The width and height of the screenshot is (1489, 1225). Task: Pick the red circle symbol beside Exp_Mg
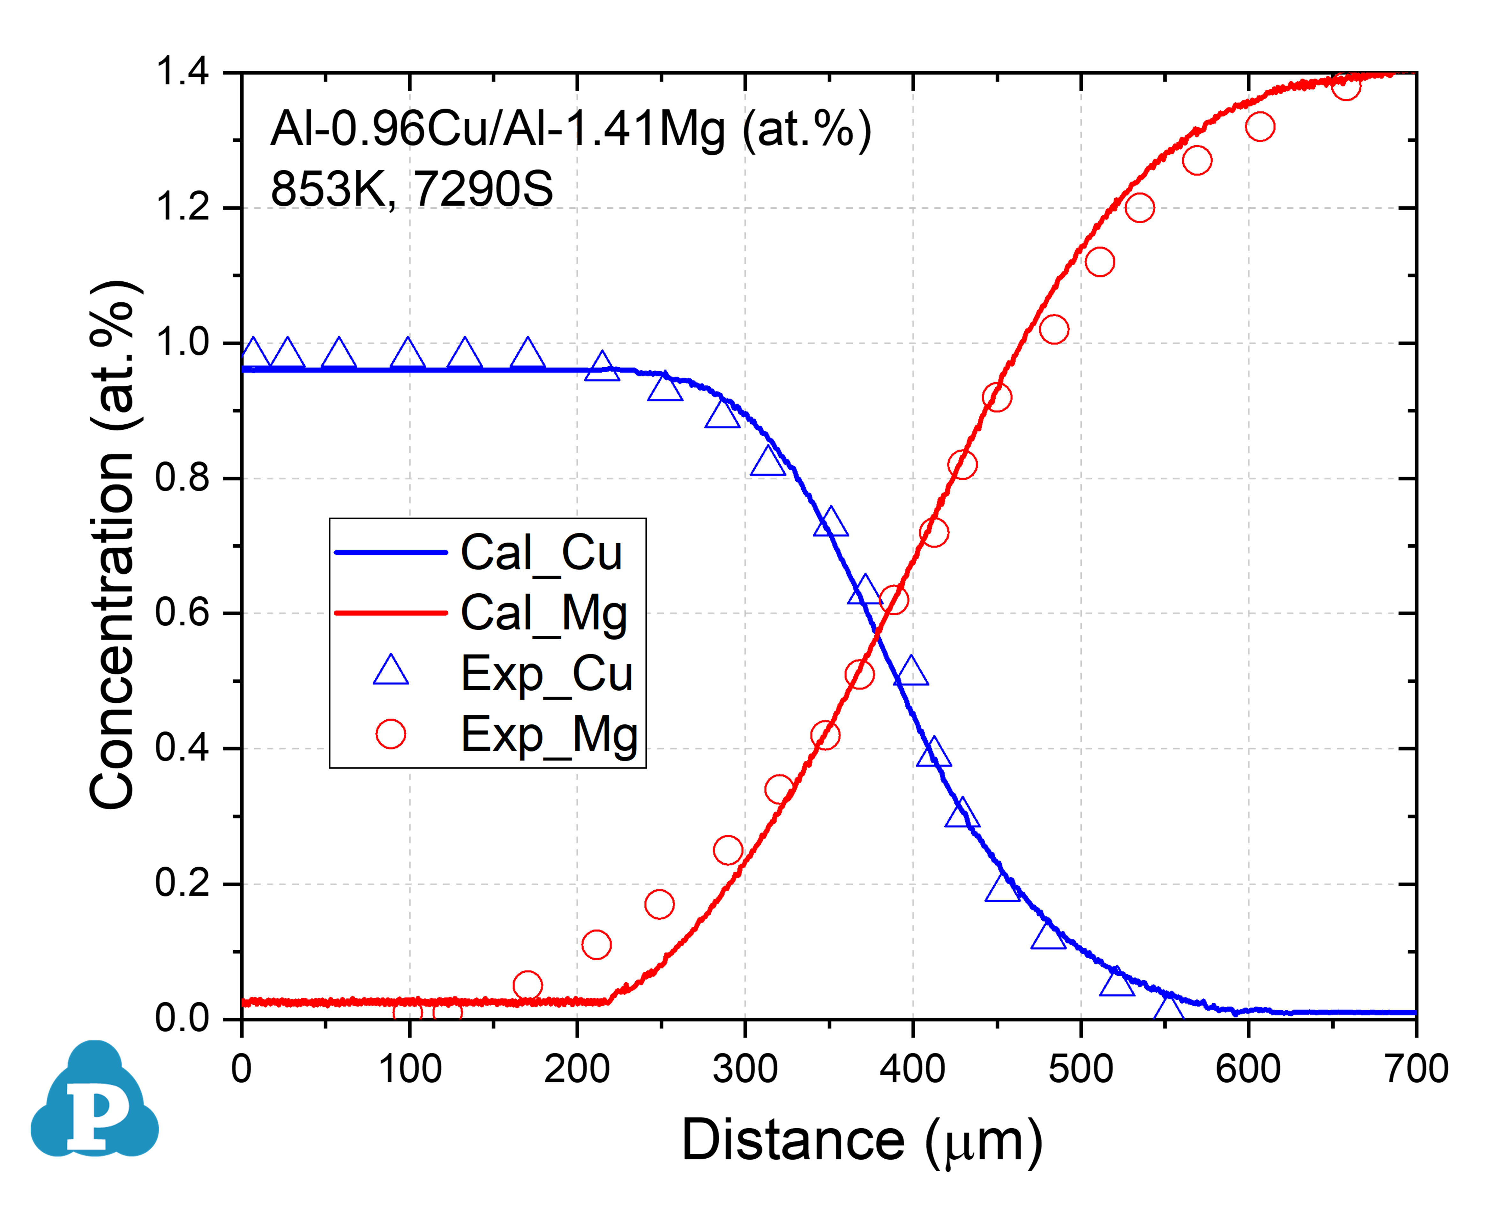(x=390, y=734)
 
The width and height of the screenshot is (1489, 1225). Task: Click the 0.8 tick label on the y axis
(x=182, y=478)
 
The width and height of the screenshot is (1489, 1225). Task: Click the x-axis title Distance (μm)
(x=861, y=1141)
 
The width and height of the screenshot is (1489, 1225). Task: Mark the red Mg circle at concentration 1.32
(x=1260, y=127)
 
